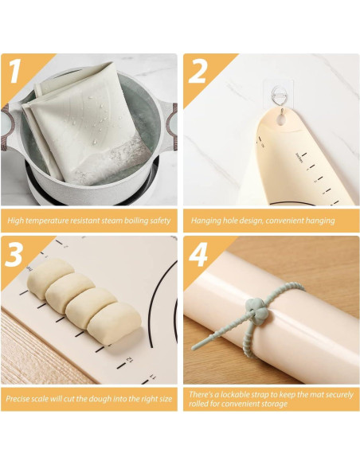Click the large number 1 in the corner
point(15,71)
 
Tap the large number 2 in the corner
point(198,71)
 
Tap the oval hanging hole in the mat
point(280,119)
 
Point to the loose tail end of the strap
point(195,347)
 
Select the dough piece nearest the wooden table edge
point(115,323)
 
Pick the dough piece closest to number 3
point(51,278)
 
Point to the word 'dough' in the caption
point(97,399)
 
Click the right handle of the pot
point(170,124)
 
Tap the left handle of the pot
point(10,124)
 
